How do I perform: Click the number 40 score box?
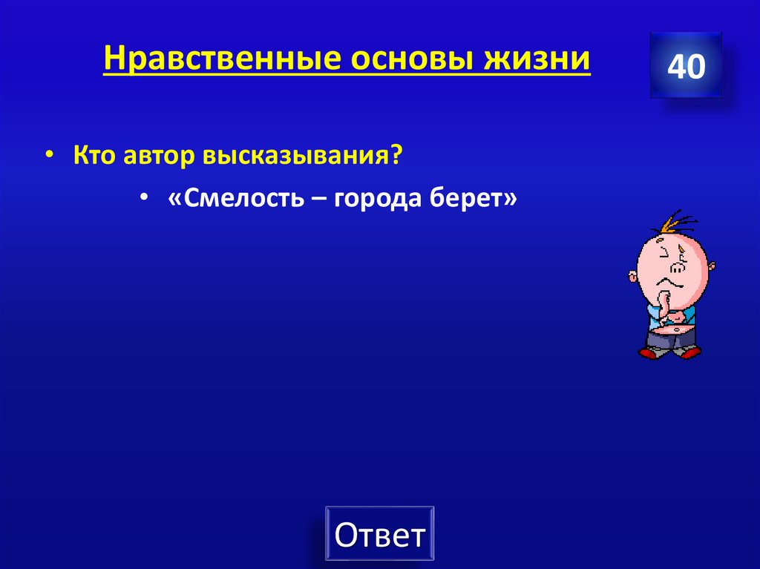coord(686,67)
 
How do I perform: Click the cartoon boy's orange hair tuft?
coord(676,222)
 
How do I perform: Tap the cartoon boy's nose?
coord(677,265)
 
